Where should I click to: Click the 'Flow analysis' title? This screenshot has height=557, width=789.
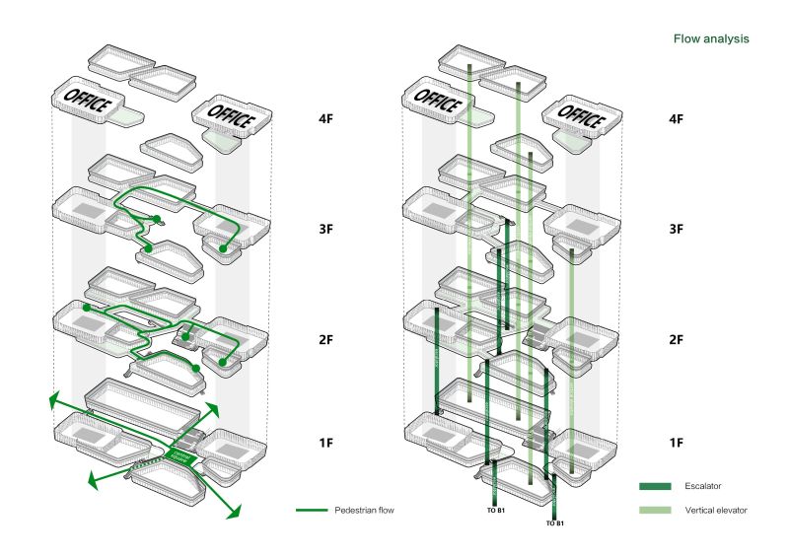[710, 39]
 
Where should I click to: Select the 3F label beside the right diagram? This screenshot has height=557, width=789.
[677, 229]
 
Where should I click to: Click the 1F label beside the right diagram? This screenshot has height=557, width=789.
[677, 443]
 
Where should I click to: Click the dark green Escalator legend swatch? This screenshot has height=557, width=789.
[655, 486]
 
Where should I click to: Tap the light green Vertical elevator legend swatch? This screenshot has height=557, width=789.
[655, 511]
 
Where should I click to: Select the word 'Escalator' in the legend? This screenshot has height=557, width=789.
[706, 486]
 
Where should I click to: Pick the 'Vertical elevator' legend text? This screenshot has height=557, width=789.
[717, 511]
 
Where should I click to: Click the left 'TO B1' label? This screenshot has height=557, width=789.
[494, 514]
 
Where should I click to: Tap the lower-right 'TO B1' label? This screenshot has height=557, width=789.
[554, 523]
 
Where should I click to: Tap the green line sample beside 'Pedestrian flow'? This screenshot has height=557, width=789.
[311, 511]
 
